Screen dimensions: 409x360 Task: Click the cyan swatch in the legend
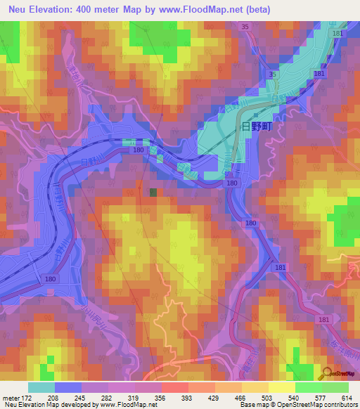[x=41, y=387]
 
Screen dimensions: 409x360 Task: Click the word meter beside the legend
[x=9, y=397]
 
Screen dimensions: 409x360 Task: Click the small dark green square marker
[x=153, y=191]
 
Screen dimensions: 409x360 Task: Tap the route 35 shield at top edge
[x=245, y=27]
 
